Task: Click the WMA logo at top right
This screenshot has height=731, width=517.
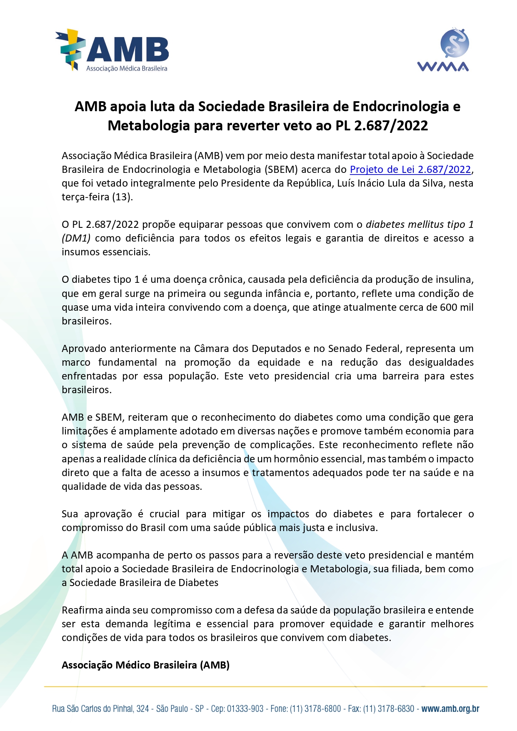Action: tap(443, 50)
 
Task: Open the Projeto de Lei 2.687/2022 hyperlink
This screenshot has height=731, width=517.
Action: tap(410, 170)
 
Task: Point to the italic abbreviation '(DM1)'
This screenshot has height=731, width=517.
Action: tap(76, 238)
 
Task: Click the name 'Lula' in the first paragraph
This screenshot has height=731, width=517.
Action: tap(382, 183)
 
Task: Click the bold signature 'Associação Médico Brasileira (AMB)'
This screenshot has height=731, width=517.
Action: tap(145, 665)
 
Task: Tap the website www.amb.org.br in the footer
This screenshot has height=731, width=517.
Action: tap(450, 709)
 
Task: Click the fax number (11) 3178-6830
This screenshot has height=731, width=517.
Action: tap(389, 709)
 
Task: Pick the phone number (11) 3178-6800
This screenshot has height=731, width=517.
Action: tap(315, 709)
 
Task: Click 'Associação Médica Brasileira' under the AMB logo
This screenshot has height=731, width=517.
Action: tap(127, 69)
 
